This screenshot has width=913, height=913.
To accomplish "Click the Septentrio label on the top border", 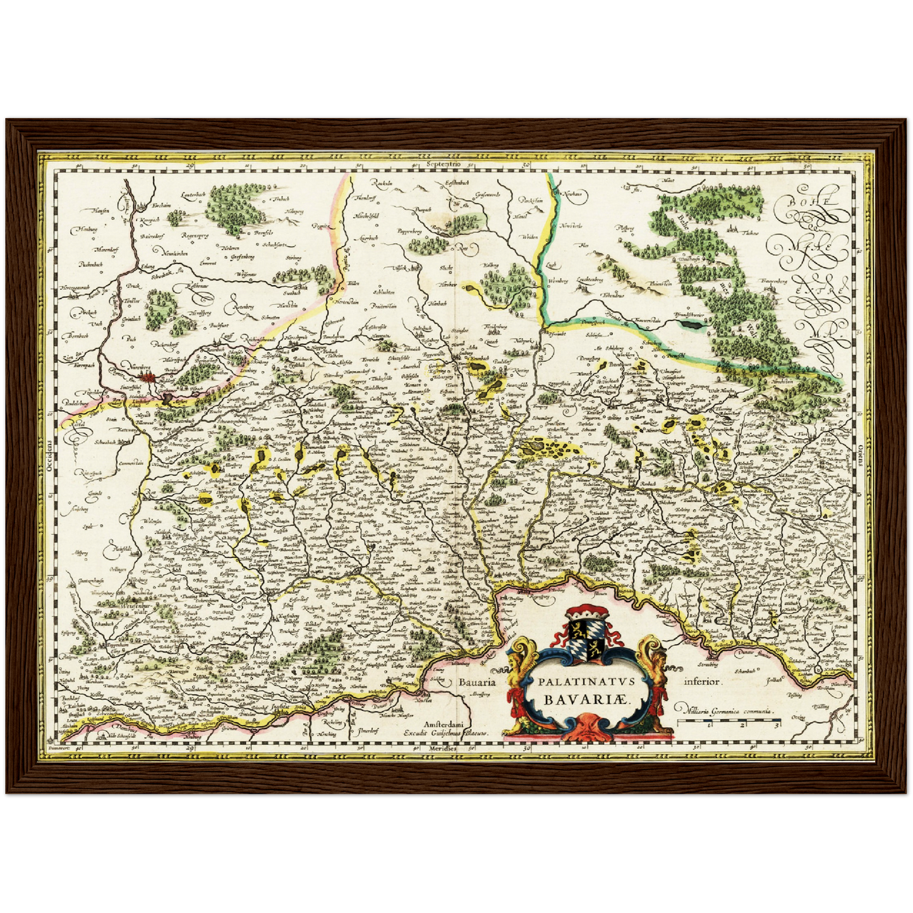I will click(x=445, y=164).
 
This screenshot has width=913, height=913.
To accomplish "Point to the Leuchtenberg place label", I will click(x=588, y=279).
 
